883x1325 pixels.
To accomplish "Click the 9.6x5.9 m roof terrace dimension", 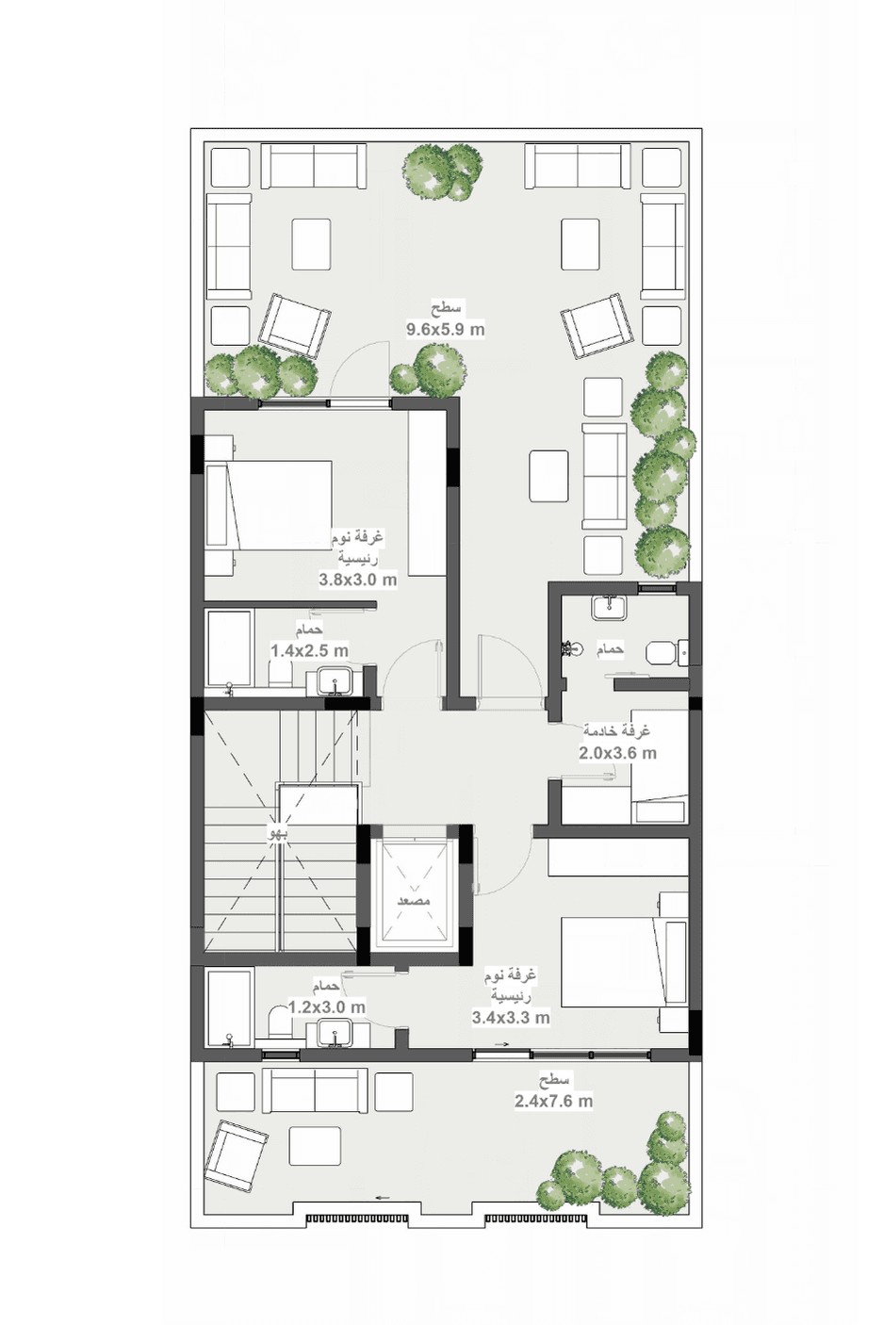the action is tap(445, 330).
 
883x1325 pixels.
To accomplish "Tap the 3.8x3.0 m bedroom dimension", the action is tap(357, 579).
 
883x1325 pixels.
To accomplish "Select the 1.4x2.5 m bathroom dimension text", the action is tap(309, 650).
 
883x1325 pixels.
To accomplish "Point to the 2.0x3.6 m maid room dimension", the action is tap(617, 753).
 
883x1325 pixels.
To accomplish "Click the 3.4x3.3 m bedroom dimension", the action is tap(511, 1018).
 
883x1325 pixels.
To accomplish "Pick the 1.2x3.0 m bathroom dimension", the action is tap(326, 1006).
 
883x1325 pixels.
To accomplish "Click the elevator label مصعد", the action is tap(414, 902).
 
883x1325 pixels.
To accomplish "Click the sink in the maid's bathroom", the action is tap(608, 608).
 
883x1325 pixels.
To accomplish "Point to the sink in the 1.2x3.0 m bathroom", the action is tap(335, 1033).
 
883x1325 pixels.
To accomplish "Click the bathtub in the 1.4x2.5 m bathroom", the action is tap(230, 648).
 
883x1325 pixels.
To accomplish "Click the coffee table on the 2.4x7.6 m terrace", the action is tap(315, 1145).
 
